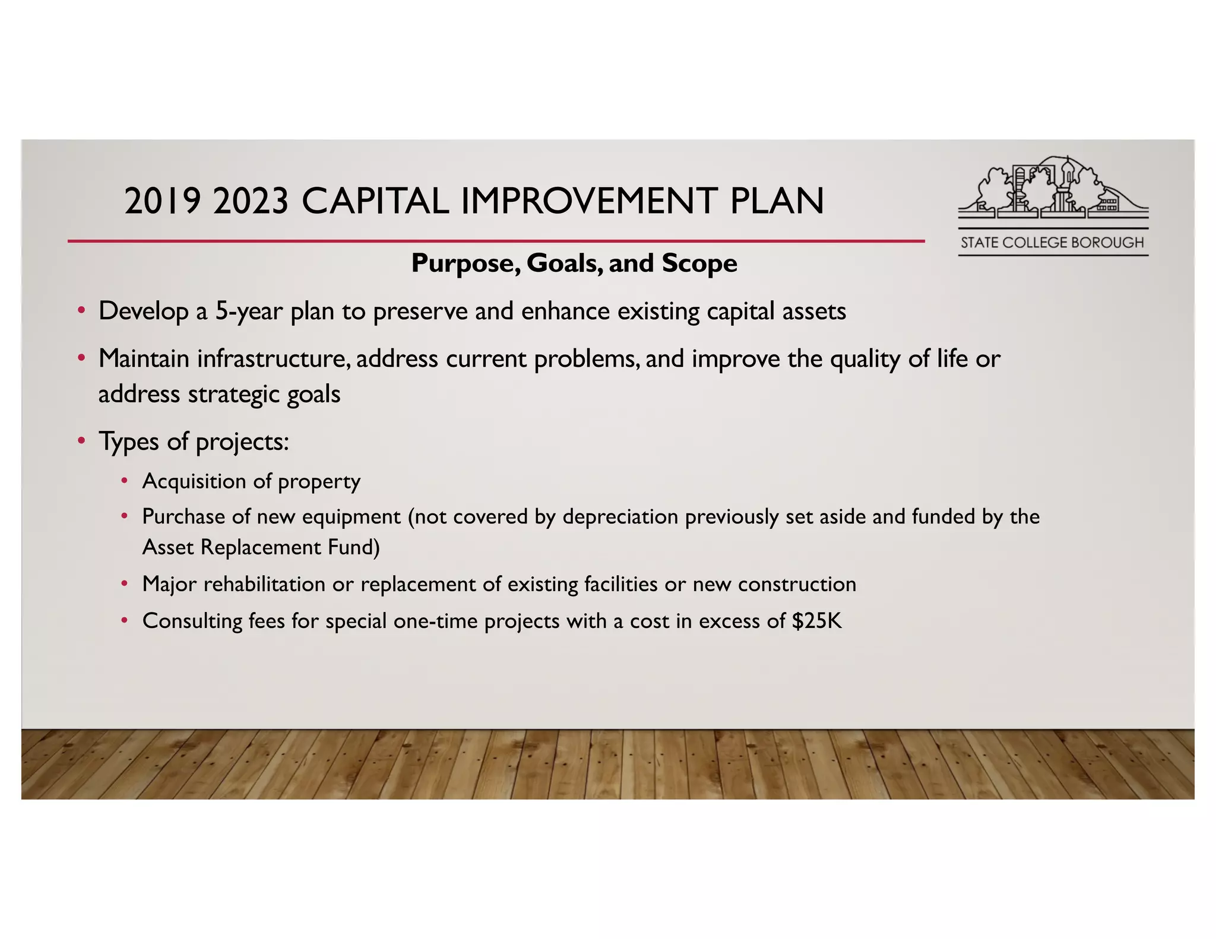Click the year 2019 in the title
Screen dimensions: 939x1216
(162, 201)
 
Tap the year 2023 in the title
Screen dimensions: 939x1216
(251, 201)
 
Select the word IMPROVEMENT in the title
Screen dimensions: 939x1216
(588, 201)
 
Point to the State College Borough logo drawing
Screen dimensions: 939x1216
(1053, 186)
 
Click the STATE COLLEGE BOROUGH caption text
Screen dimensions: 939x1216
(1052, 243)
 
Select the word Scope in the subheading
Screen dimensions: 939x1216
(699, 263)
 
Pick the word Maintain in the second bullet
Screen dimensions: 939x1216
(144, 359)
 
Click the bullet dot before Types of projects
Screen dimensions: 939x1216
(81, 441)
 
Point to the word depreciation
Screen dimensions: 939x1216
(620, 516)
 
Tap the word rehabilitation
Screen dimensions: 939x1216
(264, 584)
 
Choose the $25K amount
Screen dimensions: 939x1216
(817, 621)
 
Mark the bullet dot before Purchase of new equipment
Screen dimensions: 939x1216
(124, 516)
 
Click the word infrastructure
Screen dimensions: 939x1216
(273, 359)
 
